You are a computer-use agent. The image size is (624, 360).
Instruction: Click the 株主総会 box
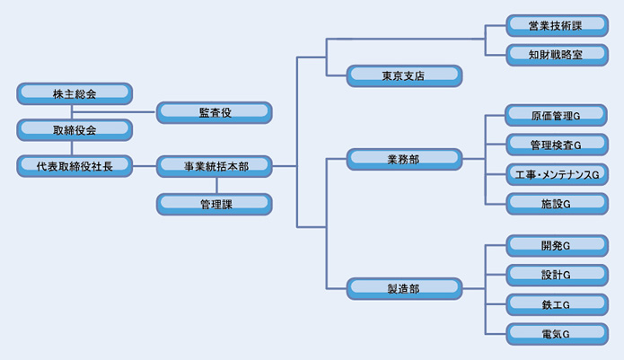coord(75,93)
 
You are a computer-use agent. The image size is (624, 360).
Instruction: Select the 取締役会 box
coord(75,129)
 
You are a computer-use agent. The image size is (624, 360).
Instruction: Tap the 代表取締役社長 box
coord(75,166)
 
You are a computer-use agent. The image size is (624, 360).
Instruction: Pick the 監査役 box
coord(215,112)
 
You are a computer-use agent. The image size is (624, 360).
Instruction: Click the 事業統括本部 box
coord(215,166)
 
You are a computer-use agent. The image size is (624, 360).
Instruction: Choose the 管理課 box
coord(215,204)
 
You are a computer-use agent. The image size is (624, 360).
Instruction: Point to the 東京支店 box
coord(404,75)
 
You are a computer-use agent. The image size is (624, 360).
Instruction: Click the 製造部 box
coord(404,288)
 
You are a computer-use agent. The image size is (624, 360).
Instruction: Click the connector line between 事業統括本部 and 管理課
coord(215,185)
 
